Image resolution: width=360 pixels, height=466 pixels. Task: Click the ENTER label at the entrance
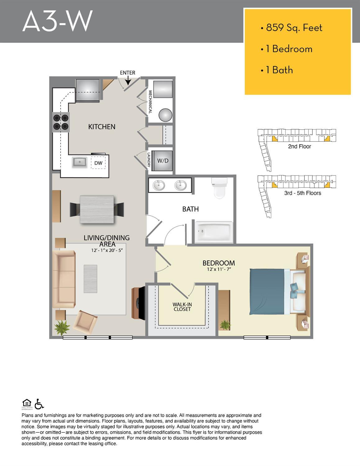click(127, 73)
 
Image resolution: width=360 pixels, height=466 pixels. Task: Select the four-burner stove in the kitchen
click(61, 122)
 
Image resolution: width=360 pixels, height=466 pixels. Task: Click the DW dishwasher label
click(98, 163)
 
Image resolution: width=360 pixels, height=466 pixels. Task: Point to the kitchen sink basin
click(80, 162)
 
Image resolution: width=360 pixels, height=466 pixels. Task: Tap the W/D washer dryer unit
click(163, 161)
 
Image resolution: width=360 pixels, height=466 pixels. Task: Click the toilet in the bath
click(219, 188)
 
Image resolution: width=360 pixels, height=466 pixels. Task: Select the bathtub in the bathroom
click(214, 232)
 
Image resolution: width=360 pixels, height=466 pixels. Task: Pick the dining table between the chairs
click(97, 209)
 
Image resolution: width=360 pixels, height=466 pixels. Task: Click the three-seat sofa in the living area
click(64, 279)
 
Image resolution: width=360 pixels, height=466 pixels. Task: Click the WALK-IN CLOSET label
click(182, 307)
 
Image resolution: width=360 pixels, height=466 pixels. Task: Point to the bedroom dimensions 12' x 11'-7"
click(219, 269)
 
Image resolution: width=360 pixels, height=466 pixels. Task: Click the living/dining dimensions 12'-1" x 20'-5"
click(107, 250)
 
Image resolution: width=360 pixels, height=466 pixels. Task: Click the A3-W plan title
click(57, 21)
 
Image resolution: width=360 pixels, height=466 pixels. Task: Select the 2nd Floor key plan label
click(299, 146)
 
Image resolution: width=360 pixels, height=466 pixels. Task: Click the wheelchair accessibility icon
click(39, 404)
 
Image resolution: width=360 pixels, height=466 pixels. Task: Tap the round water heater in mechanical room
click(166, 115)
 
